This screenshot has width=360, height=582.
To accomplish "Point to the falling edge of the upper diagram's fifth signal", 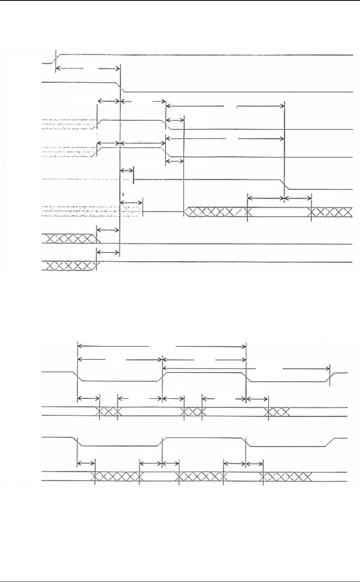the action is pyautogui.click(x=286, y=184).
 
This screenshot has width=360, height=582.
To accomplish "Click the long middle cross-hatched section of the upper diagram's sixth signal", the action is pyautogui.click(x=217, y=211).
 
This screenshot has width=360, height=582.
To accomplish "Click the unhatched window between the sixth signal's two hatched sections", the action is pyautogui.click(x=280, y=211).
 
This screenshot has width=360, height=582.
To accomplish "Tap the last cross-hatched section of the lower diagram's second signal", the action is pyautogui.click(x=277, y=411).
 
